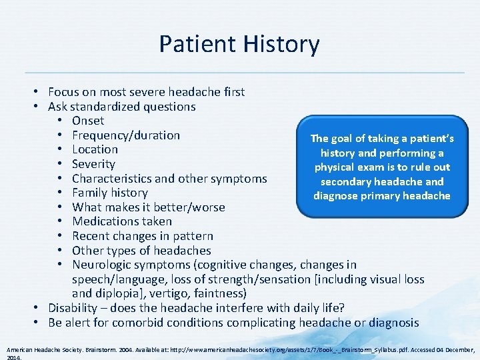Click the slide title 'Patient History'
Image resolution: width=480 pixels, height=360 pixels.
pyautogui.click(x=239, y=44)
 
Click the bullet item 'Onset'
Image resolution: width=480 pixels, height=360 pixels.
pyautogui.click(x=88, y=121)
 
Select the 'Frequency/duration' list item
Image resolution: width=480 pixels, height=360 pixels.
pyautogui.click(x=126, y=135)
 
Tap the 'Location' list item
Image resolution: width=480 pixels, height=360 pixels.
pyautogui.click(x=95, y=149)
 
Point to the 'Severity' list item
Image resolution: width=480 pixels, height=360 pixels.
pyautogui.click(x=93, y=164)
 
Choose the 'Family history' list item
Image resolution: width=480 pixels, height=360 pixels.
pyautogui.click(x=109, y=193)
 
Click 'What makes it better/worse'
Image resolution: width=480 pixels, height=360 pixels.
pyautogui.click(x=148, y=207)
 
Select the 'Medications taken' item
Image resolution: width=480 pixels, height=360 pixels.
pyautogui.click(x=122, y=221)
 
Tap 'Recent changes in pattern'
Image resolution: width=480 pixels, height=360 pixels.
pyautogui.click(x=143, y=236)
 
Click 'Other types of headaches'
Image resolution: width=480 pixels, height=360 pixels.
pyautogui.click(x=141, y=251)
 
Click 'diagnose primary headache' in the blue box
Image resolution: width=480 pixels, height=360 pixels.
pyautogui.click(x=382, y=196)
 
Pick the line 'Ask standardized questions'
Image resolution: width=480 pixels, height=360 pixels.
pyautogui.click(x=121, y=107)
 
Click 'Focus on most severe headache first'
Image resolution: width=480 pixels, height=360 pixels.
pyautogui.click(x=146, y=92)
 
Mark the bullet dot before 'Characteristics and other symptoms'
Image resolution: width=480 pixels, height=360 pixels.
pyautogui.click(x=62, y=179)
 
